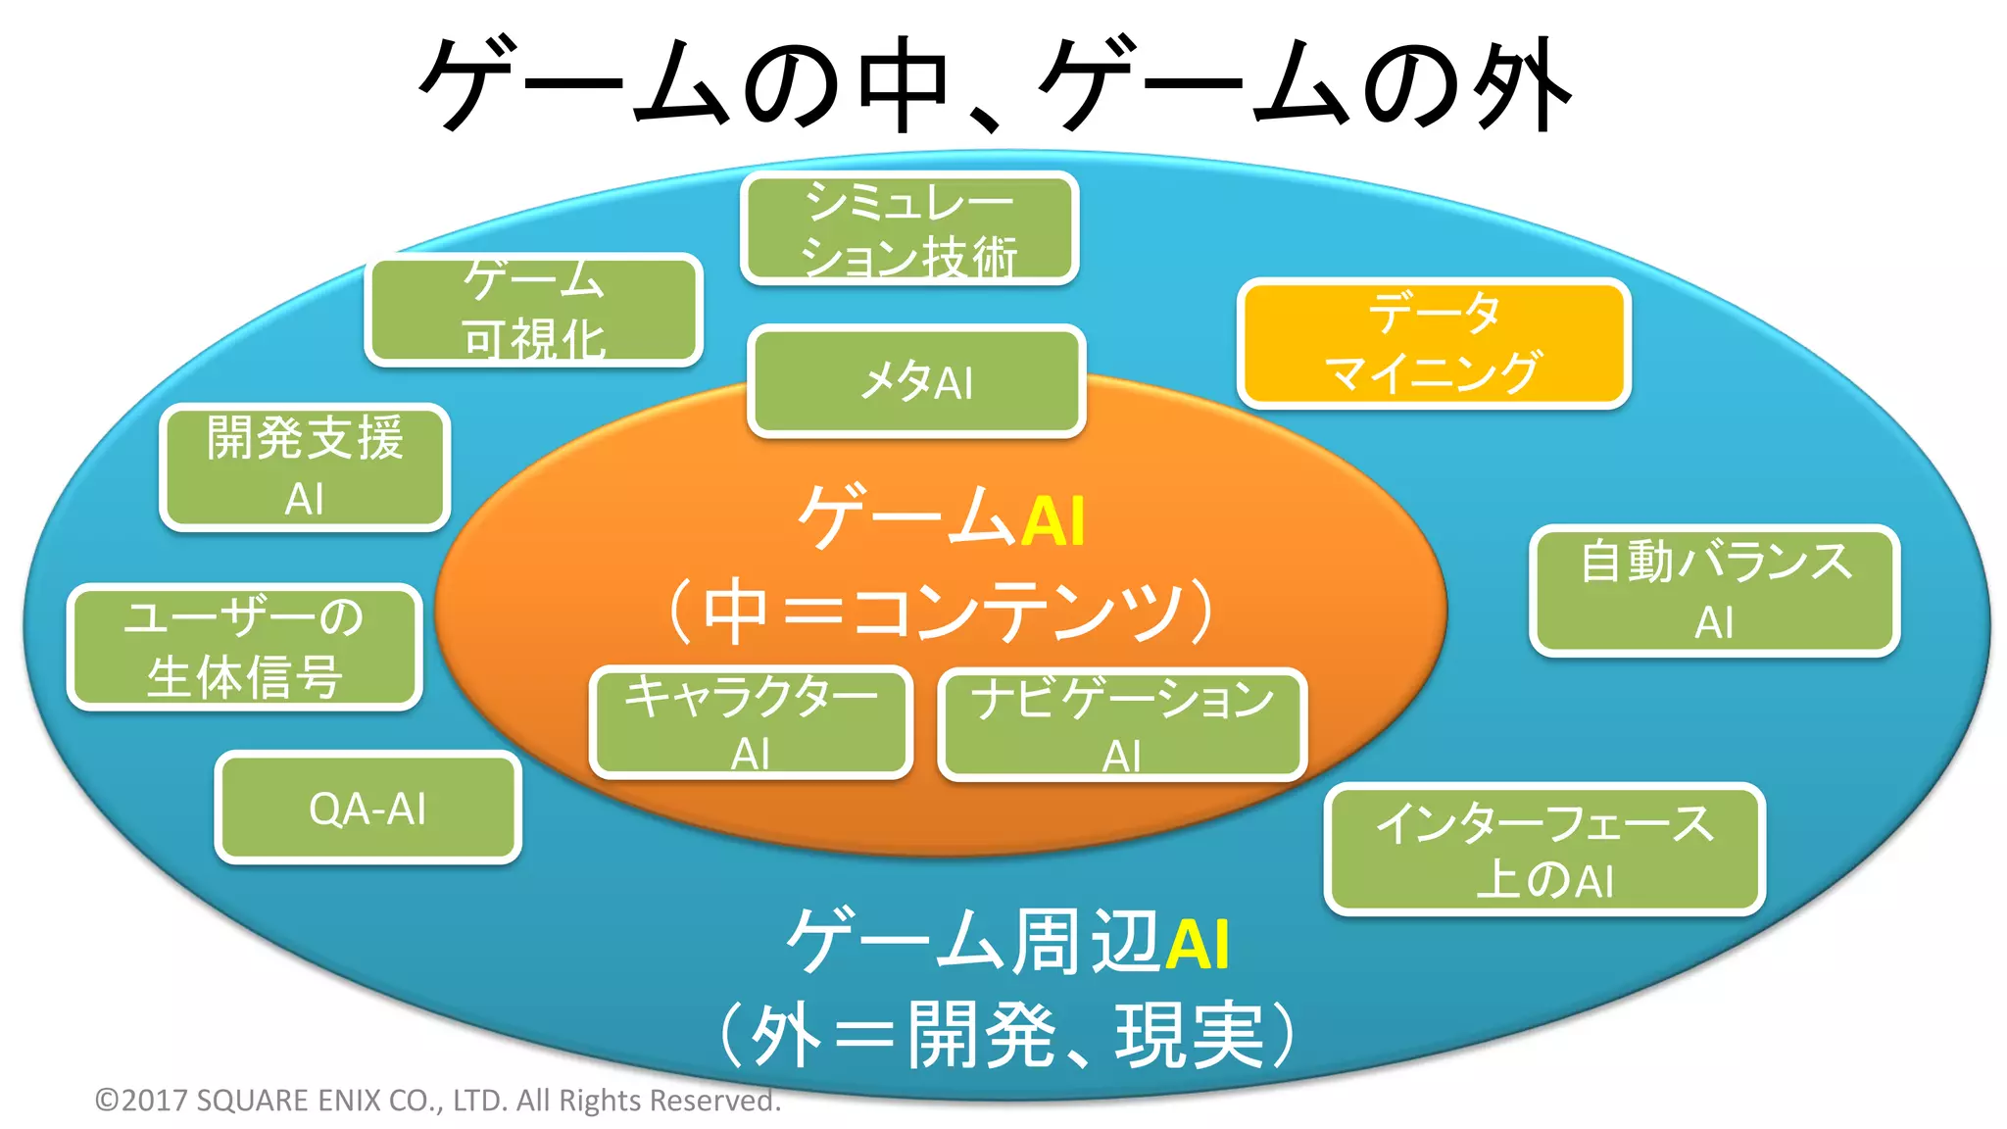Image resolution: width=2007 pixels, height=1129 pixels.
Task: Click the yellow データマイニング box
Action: coord(1433,344)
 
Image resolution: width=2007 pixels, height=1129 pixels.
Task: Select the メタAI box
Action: coord(916,381)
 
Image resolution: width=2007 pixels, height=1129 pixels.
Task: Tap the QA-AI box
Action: coord(367,809)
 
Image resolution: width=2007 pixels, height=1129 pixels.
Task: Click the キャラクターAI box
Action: coord(751,723)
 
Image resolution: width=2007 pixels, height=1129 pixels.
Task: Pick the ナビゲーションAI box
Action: coord(1122,725)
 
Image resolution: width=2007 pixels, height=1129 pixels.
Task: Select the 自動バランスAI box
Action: coord(1714,591)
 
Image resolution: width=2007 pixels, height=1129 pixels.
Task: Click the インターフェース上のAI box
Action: coord(1543,850)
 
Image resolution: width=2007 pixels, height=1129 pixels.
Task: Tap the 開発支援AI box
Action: coord(305,467)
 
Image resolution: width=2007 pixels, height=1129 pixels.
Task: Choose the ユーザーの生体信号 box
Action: coord(244,647)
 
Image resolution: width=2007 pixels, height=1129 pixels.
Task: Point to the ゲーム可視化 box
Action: coord(534,310)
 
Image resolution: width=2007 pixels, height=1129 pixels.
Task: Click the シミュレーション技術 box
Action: coord(909,228)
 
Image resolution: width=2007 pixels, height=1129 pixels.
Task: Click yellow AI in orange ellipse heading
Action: coord(1053,520)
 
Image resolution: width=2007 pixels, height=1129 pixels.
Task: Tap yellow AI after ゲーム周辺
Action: coord(1197,944)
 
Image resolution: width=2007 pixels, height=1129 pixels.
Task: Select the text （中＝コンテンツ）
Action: coord(941,612)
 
